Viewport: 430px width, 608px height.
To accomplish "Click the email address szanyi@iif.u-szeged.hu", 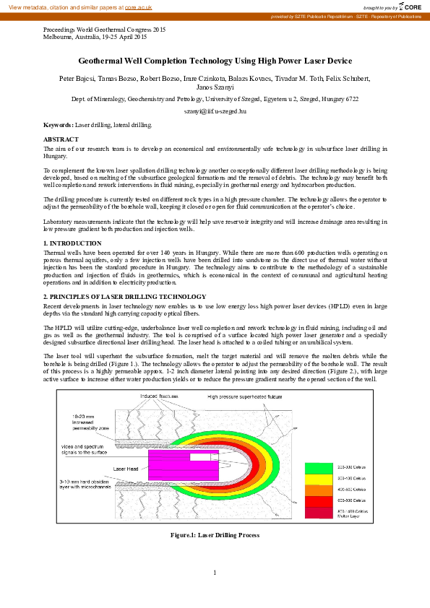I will pos(215,111).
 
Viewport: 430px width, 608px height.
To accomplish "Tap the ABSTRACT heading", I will pos(61,139).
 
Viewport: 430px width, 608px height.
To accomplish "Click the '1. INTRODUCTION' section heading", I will pos(72,243).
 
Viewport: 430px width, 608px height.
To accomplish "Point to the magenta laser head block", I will pos(181,466).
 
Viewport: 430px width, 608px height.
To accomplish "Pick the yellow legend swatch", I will pos(319,479).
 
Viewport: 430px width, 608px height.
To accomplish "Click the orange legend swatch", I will pos(319,490).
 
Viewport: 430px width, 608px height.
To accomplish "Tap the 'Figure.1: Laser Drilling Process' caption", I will pos(215,535).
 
